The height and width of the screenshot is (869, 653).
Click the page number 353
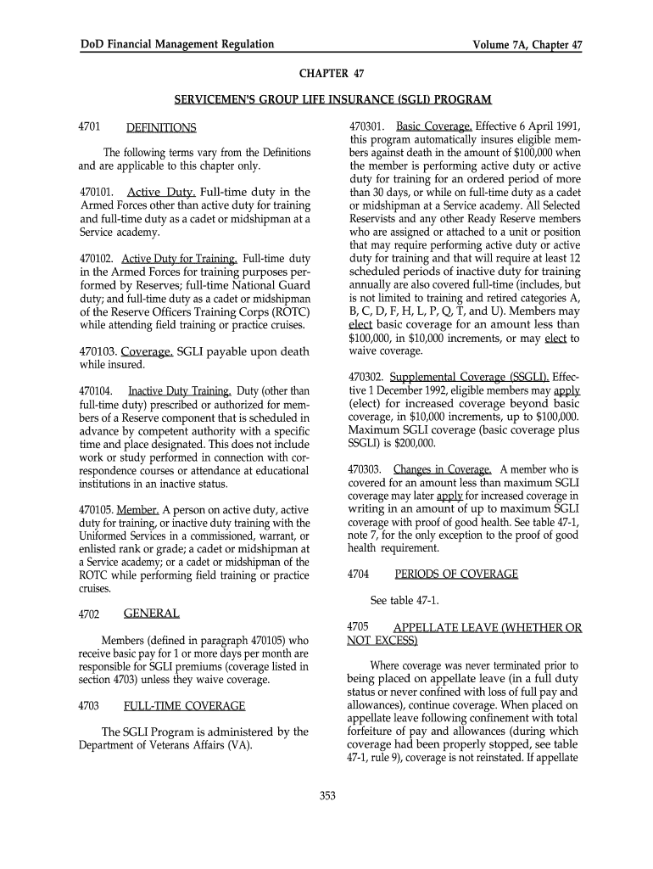[327, 795]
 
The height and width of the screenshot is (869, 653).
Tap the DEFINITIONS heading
[161, 128]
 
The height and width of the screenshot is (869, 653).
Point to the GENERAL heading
[152, 613]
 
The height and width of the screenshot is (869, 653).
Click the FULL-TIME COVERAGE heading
[185, 706]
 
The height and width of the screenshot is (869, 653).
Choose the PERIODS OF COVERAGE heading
[456, 575]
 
